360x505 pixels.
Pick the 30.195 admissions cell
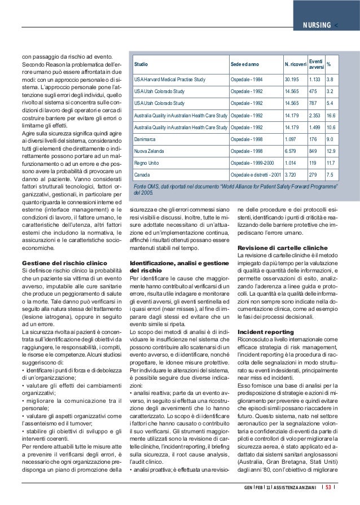[x=292, y=79]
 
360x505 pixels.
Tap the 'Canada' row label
[x=142, y=175]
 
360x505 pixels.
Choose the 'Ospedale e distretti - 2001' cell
[x=254, y=175]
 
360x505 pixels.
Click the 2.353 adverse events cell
[x=316, y=115]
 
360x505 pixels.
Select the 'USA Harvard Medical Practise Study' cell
[x=169, y=79]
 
